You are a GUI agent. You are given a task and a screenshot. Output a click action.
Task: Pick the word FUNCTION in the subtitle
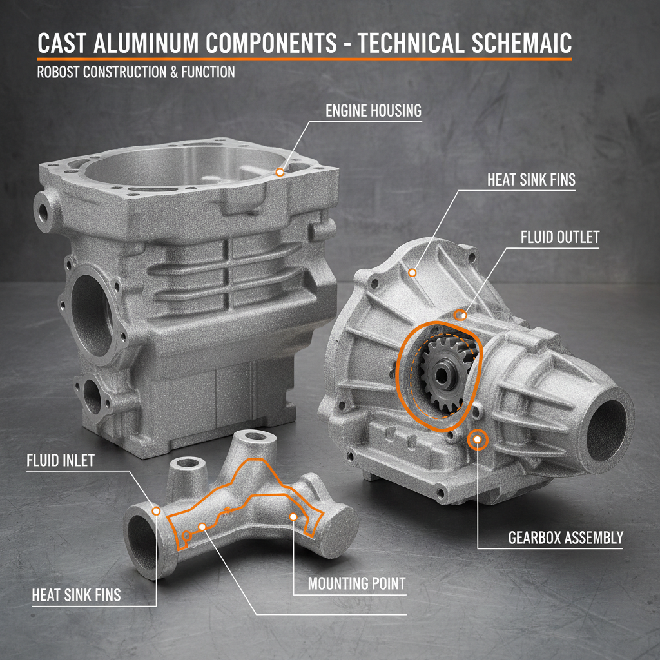tap(207, 72)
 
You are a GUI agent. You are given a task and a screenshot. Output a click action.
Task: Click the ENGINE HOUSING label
tap(373, 111)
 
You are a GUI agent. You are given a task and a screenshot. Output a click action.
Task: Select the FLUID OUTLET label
tap(559, 237)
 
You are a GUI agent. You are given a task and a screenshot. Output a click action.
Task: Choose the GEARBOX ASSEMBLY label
tap(566, 538)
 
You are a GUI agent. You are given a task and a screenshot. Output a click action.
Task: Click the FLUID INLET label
tap(61, 461)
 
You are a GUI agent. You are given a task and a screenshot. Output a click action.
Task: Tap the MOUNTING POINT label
tap(356, 584)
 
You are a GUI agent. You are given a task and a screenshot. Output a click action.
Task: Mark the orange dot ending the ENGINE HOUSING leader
tap(279, 172)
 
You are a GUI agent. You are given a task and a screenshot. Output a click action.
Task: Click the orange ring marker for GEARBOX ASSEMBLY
tap(478, 440)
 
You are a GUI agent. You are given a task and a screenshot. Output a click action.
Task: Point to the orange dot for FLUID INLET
tap(155, 510)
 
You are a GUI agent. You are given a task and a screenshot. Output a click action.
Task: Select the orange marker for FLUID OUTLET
tap(460, 315)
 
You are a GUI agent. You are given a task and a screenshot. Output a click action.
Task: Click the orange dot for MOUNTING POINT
tap(293, 516)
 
